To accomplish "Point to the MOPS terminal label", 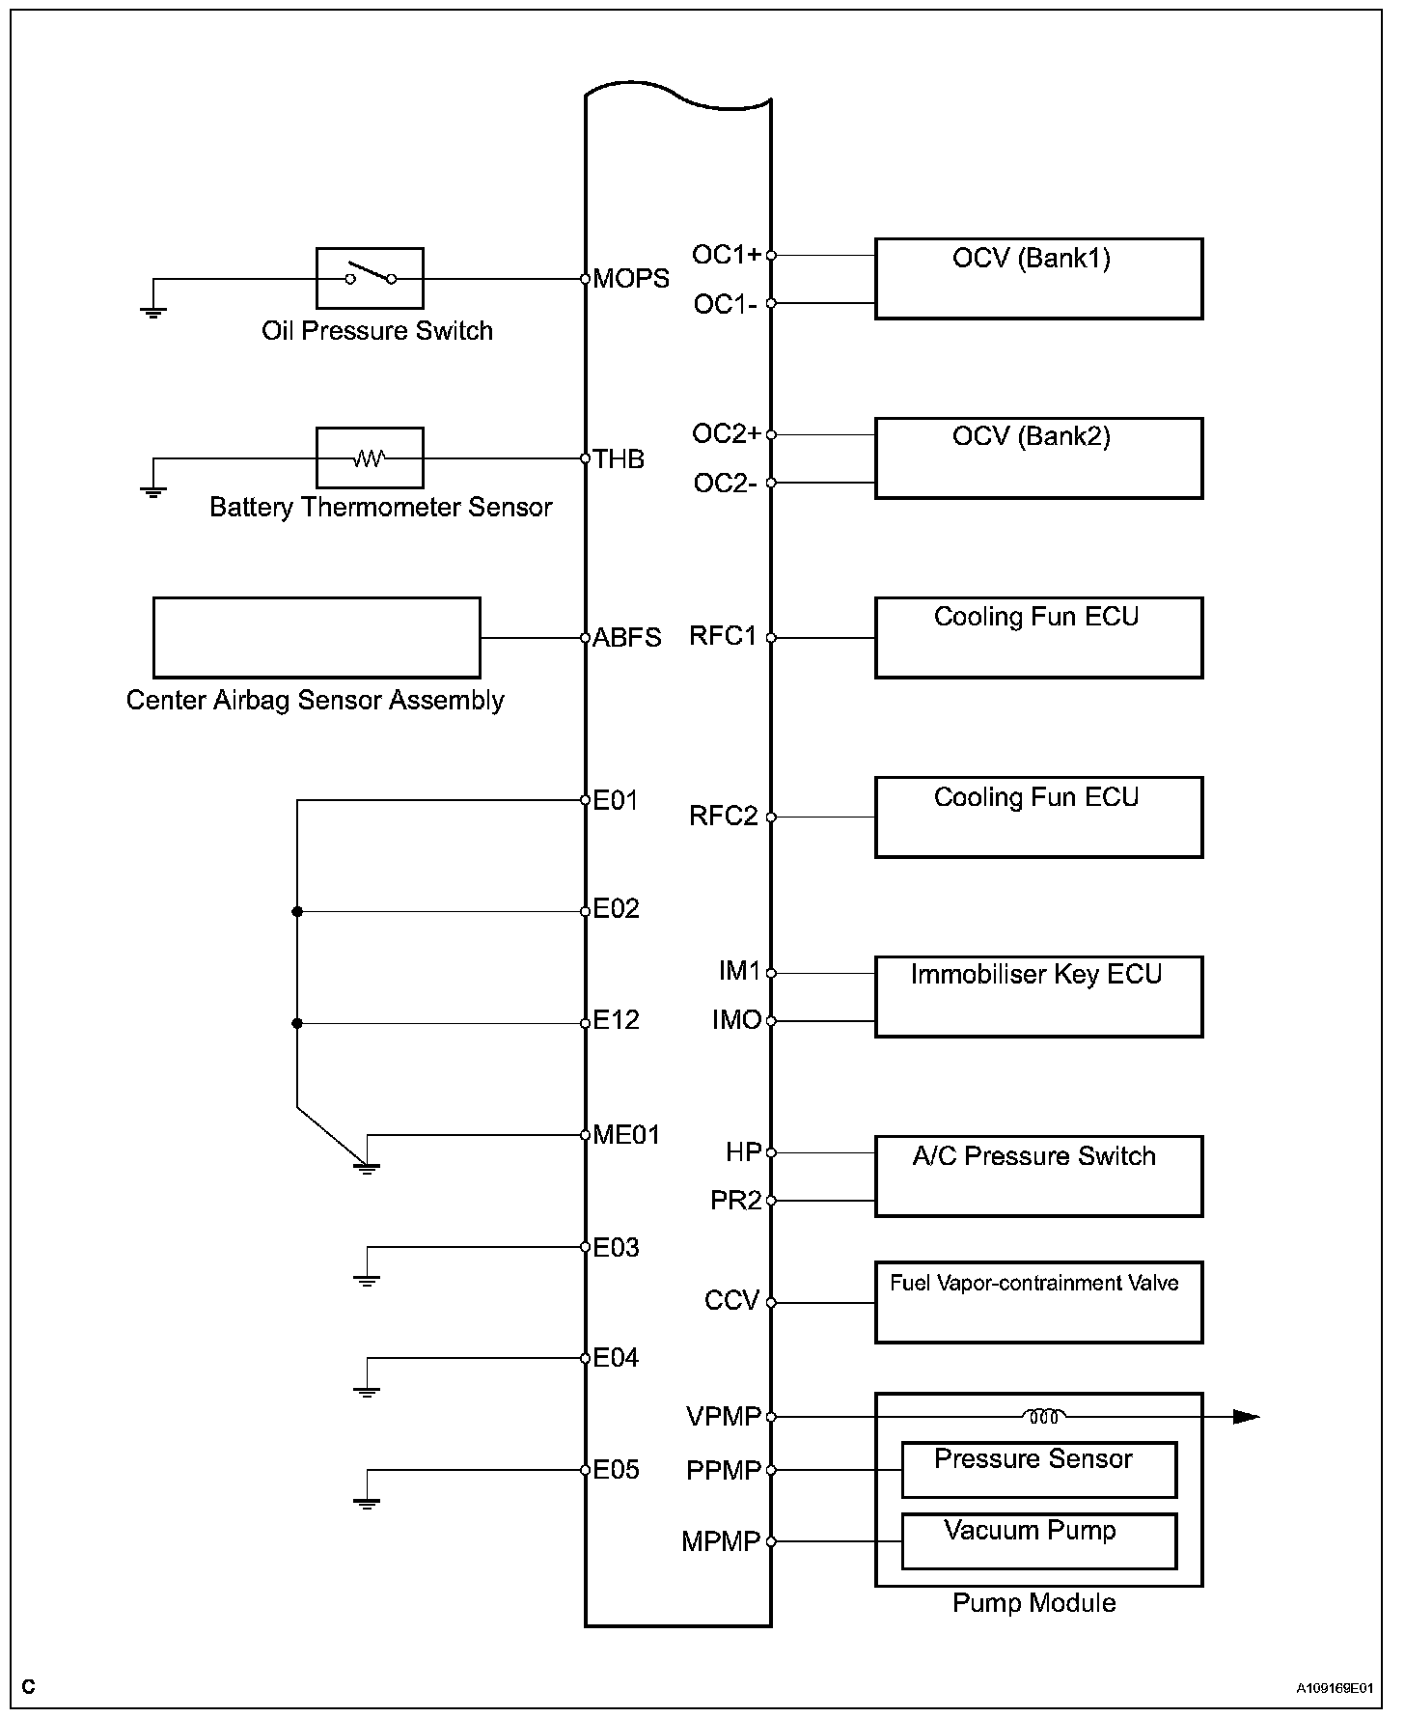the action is [631, 279].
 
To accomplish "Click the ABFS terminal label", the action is [627, 638].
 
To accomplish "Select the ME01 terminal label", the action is [626, 1135].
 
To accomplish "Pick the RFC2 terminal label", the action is [723, 817].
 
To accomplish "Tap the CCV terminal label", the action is [731, 1301].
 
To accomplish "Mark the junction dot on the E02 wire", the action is [297, 911].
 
